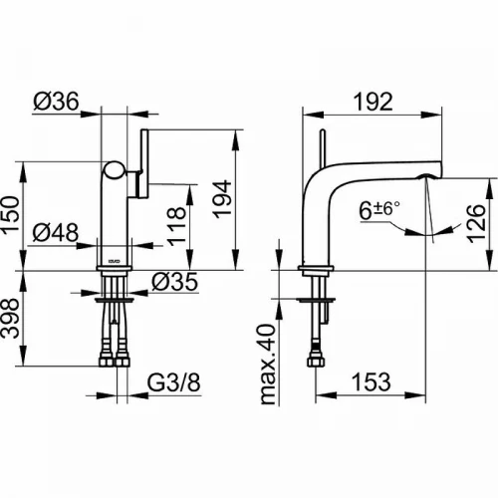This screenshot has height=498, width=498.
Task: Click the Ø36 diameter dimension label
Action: coord(56,101)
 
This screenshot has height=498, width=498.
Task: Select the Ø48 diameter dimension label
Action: coord(56,232)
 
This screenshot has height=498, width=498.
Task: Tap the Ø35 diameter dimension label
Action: coord(175,282)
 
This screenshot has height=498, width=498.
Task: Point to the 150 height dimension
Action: coord(10,216)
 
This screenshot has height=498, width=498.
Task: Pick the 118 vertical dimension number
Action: coord(176,226)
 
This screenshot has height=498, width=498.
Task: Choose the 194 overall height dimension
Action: coord(222,199)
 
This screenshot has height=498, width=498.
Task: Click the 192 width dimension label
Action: coord(373,102)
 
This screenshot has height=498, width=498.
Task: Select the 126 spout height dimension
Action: coord(476,224)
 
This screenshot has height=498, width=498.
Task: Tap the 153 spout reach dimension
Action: coord(372,382)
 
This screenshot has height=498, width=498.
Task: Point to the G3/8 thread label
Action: coord(174,382)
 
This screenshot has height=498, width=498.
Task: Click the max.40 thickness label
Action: coord(268,365)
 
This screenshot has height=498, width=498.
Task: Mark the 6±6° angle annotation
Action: coord(379,210)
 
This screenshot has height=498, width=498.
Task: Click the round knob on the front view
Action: coord(115,170)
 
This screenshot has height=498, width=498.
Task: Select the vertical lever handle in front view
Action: coord(144,163)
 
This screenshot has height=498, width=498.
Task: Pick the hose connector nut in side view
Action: coord(314,361)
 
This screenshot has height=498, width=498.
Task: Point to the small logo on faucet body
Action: coord(115,261)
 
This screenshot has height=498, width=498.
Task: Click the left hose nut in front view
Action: coord(107,361)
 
